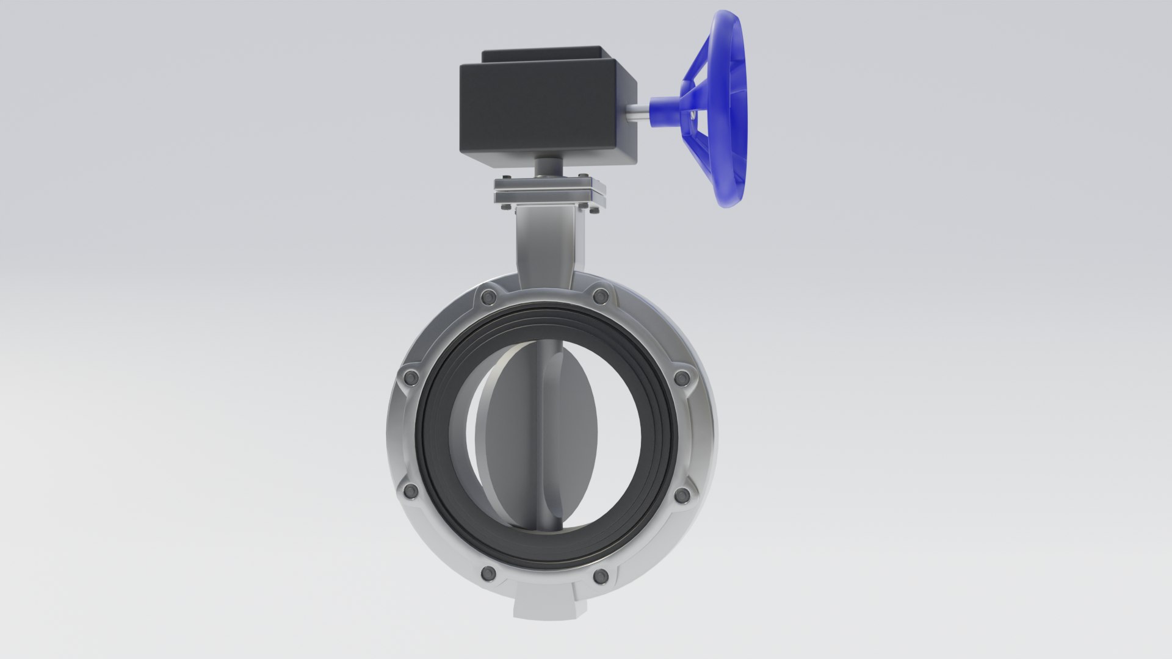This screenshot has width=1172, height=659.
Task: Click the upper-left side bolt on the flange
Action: [411, 376]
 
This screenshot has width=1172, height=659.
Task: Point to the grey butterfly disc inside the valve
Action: [507, 427]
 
